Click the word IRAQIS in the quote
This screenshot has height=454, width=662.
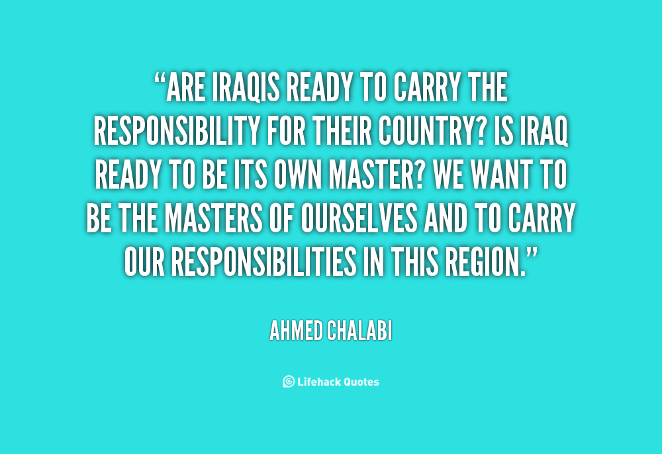(x=246, y=87)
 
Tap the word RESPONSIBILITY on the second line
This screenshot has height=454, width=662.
(x=177, y=131)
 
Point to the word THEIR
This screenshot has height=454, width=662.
(x=342, y=131)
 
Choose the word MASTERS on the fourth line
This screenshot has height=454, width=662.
(x=213, y=218)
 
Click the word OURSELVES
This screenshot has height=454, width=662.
(x=359, y=218)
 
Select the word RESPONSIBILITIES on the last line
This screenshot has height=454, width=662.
(x=264, y=261)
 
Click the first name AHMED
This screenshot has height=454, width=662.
(x=296, y=331)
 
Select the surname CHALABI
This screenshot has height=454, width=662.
(x=359, y=331)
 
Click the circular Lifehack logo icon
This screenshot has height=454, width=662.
(x=289, y=381)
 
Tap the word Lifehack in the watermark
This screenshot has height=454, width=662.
(x=319, y=381)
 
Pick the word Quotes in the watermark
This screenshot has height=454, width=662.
(x=361, y=382)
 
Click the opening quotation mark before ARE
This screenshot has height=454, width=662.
(x=160, y=79)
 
